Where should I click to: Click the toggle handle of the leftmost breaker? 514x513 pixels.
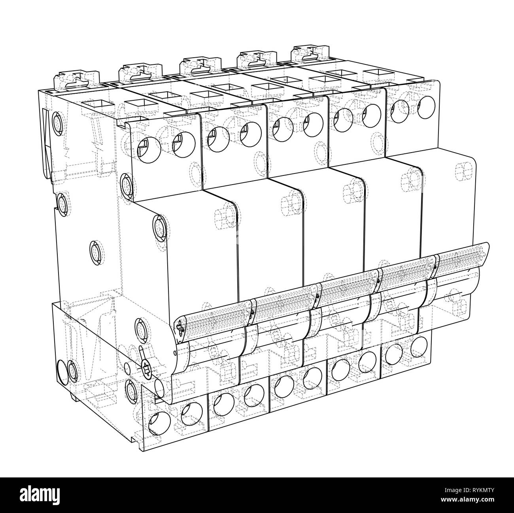coord(214,320)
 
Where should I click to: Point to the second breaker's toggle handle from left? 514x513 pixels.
coord(285,302)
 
